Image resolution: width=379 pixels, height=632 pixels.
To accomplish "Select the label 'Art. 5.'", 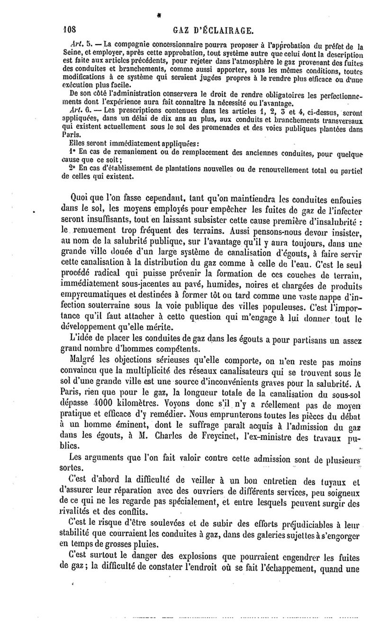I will (x=72, y=46).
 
